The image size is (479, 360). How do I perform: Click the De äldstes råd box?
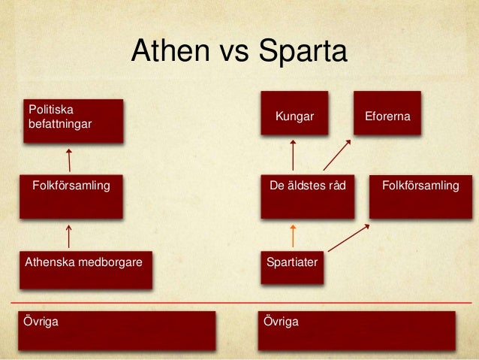tap(307, 196)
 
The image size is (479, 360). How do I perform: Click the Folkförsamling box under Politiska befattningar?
tap(71, 196)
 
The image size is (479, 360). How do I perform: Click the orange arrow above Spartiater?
tap(293, 236)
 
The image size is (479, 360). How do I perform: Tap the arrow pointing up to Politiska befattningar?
tap(69, 159)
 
